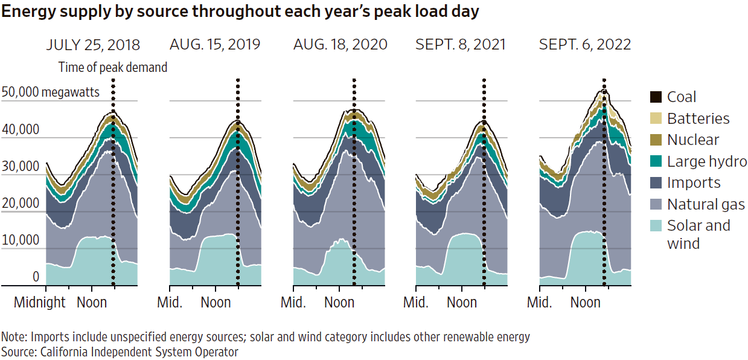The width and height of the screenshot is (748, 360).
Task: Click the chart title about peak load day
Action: [241, 12]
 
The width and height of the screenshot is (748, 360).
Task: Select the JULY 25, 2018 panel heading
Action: [93, 45]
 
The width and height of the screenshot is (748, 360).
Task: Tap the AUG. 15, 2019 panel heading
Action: [215, 45]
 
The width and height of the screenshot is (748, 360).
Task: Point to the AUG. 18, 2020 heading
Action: [340, 45]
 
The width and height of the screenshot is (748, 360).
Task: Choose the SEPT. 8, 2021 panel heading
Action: [461, 45]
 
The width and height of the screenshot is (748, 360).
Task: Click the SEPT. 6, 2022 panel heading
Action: [585, 45]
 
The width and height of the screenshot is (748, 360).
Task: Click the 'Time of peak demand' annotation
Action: [113, 68]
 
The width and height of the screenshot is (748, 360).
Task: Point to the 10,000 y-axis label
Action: [21, 240]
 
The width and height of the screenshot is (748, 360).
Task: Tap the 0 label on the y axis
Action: [36, 277]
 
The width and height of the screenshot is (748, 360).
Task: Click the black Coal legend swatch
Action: [656, 97]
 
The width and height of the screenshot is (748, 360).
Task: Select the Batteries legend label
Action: [698, 118]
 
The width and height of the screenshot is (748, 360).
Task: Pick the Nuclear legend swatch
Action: [656, 140]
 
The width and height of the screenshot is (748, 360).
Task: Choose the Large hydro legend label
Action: [707, 161]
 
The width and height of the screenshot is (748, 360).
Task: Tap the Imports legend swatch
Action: [656, 183]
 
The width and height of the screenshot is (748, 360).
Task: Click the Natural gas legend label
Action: [706, 204]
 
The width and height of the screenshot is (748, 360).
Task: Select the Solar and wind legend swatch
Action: [656, 226]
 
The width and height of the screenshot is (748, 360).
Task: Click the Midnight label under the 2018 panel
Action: [40, 302]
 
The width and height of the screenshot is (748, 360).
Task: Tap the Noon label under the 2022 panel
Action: [586, 302]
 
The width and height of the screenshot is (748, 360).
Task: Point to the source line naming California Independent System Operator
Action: [120, 352]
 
